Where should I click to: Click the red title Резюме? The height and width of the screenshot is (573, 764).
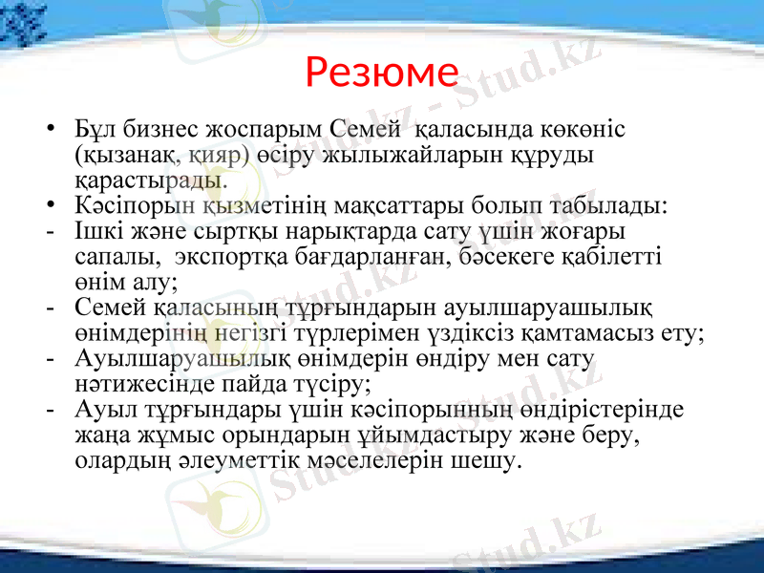pos(382,72)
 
